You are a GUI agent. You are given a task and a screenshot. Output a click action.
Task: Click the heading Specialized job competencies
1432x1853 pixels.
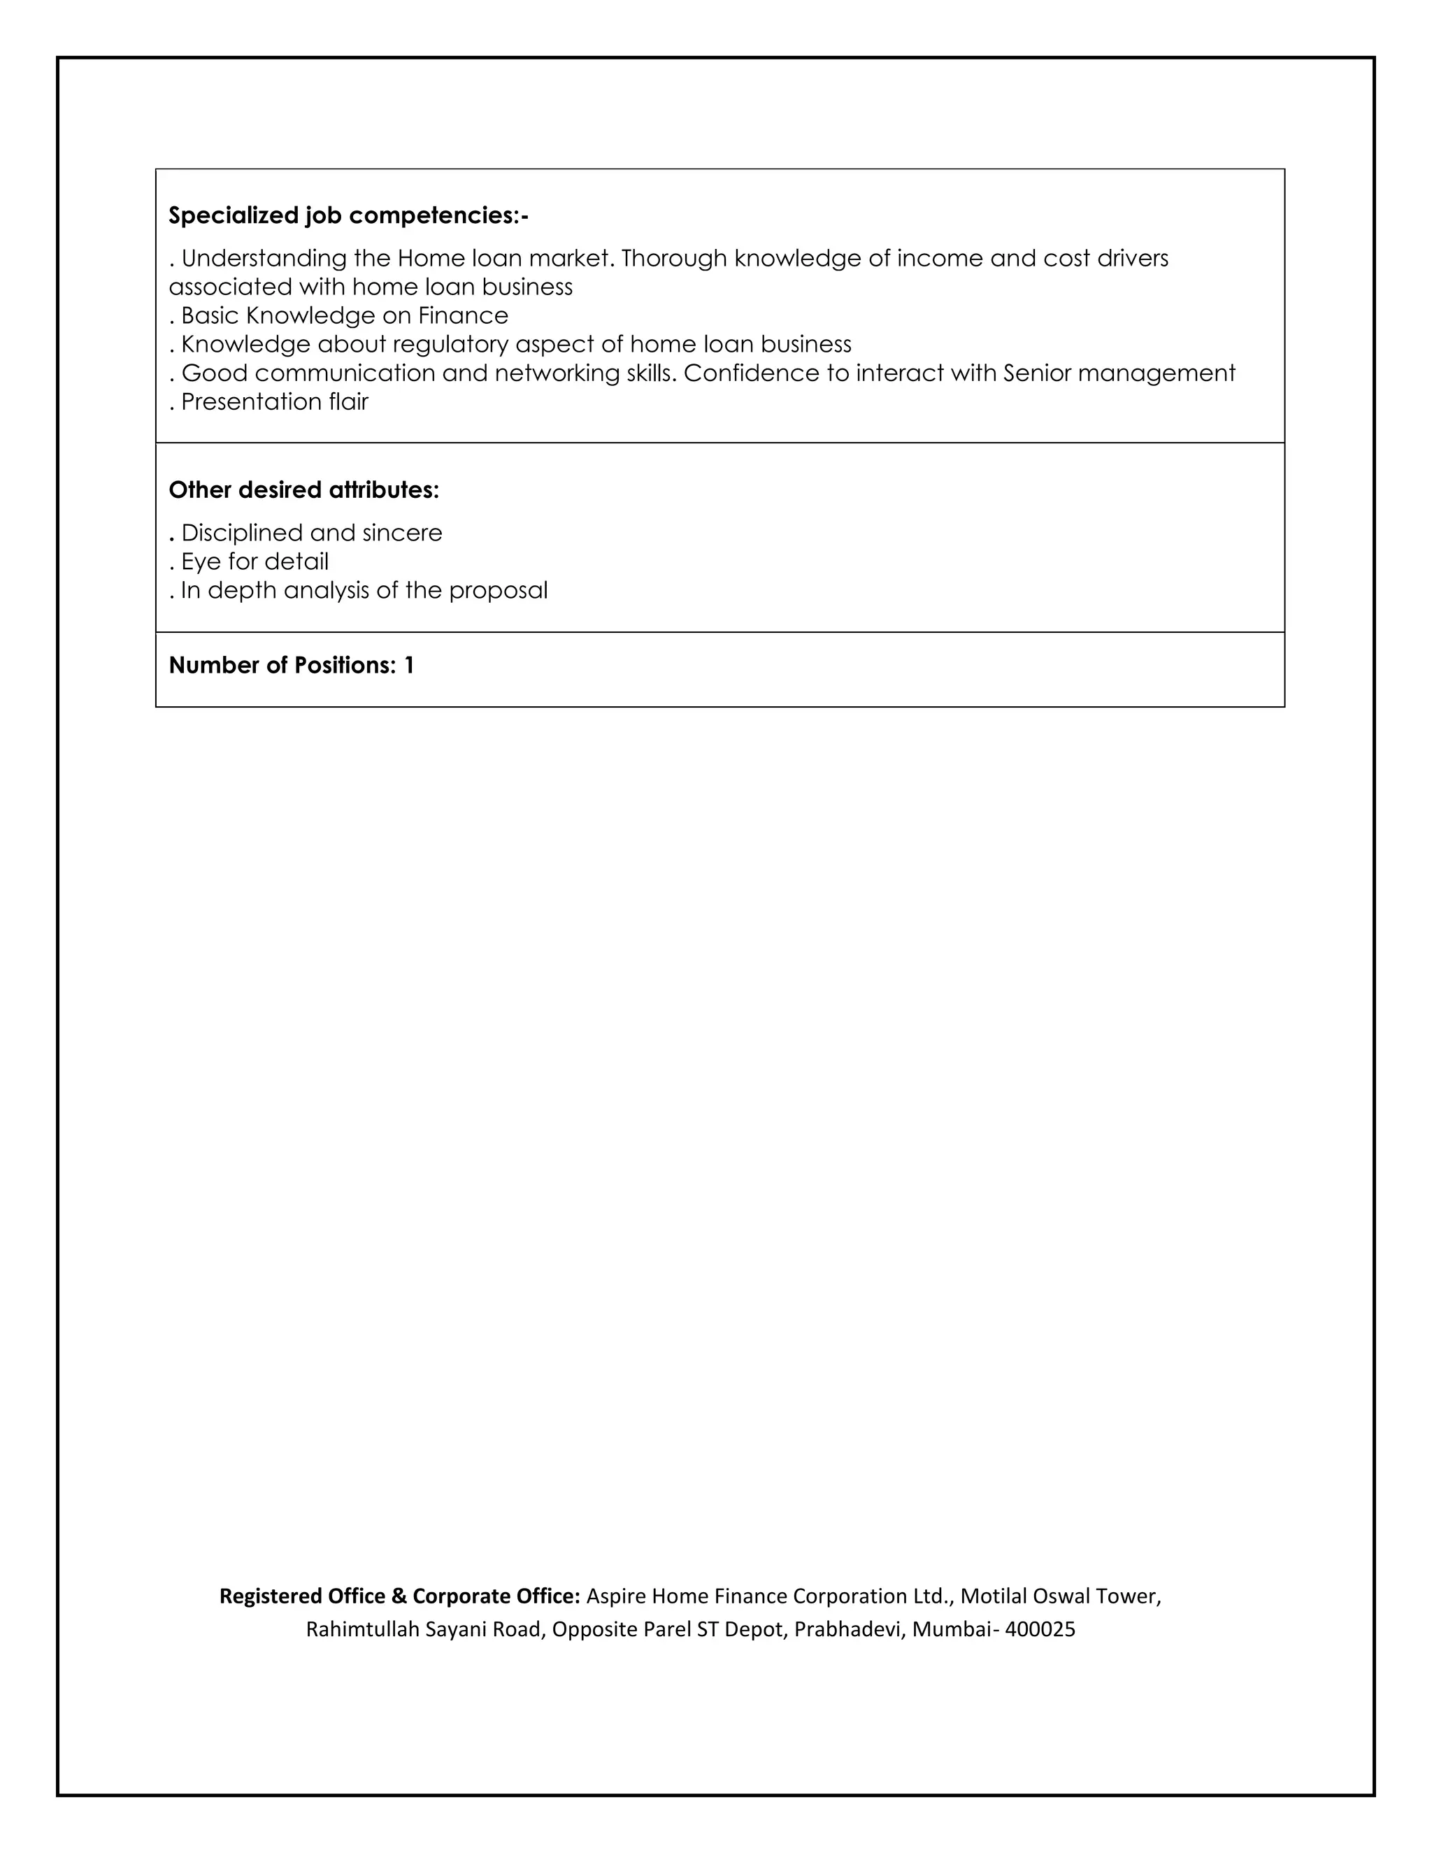tap(348, 215)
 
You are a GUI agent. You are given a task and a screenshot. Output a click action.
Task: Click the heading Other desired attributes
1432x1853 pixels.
tap(303, 490)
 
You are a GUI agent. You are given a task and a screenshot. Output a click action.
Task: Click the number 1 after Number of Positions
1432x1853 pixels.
tap(409, 666)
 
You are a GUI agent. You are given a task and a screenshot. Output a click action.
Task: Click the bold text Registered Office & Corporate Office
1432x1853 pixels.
tap(399, 1596)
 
